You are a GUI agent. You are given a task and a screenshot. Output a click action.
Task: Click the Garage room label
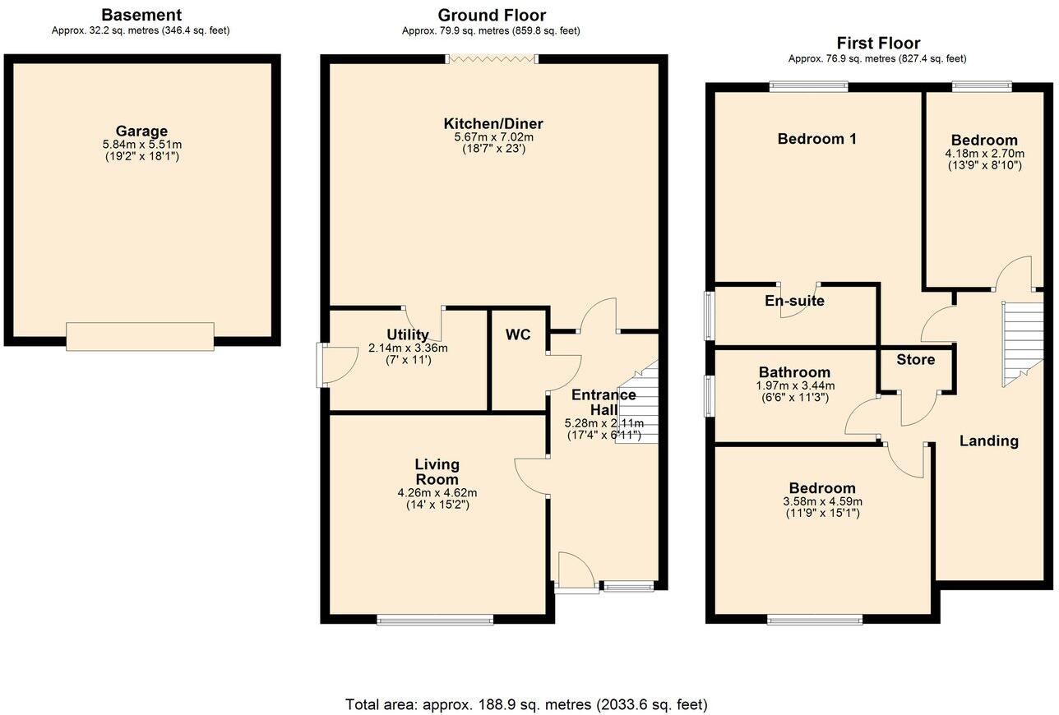click(141, 131)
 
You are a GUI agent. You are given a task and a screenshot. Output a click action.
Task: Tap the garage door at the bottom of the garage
click(140, 336)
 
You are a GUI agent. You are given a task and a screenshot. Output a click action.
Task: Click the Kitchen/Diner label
click(493, 124)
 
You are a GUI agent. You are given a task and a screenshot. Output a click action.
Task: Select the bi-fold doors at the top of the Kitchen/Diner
click(491, 58)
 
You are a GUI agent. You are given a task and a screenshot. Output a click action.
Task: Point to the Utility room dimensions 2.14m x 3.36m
click(408, 348)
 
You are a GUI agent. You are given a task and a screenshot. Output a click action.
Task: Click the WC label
click(518, 334)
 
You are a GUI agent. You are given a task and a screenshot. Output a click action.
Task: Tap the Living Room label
click(437, 472)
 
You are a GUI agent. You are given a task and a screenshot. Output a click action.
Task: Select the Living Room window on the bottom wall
click(435, 620)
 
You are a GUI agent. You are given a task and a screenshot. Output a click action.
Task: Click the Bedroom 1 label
click(817, 139)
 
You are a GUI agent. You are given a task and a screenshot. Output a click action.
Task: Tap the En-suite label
click(794, 301)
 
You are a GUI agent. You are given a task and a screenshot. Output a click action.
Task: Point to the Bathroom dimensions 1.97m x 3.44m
click(794, 385)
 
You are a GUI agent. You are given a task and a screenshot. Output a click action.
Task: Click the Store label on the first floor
click(915, 359)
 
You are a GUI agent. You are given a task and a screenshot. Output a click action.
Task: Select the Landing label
click(989, 441)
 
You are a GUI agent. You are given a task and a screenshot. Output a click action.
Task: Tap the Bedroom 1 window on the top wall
click(808, 85)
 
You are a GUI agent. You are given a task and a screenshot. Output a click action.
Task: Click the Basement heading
click(141, 15)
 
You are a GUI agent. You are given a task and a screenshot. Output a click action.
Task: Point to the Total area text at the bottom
click(526, 704)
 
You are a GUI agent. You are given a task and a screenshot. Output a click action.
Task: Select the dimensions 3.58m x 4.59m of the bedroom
click(822, 501)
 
